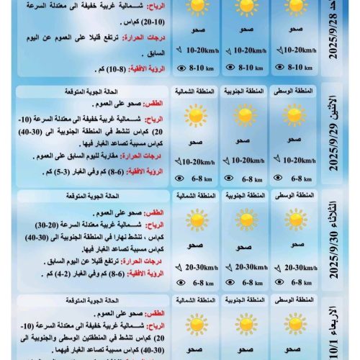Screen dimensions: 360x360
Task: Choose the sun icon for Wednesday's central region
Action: coord(294,323)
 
